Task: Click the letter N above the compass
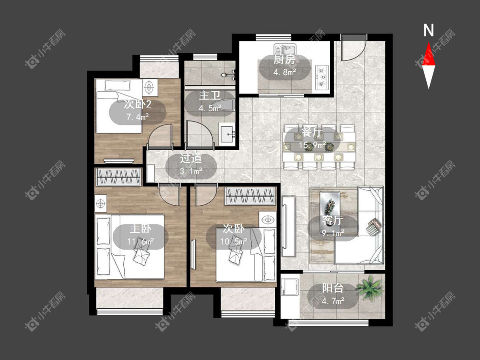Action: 428,31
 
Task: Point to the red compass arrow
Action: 428,54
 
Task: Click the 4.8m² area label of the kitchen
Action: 285,73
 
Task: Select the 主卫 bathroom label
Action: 209,96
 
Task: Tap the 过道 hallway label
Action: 191,158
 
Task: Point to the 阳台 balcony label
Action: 333,288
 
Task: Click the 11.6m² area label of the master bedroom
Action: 140,242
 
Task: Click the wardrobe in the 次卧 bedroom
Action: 250,196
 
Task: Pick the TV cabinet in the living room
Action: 289,226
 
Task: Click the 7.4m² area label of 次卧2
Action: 138,116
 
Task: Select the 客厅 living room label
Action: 333,221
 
